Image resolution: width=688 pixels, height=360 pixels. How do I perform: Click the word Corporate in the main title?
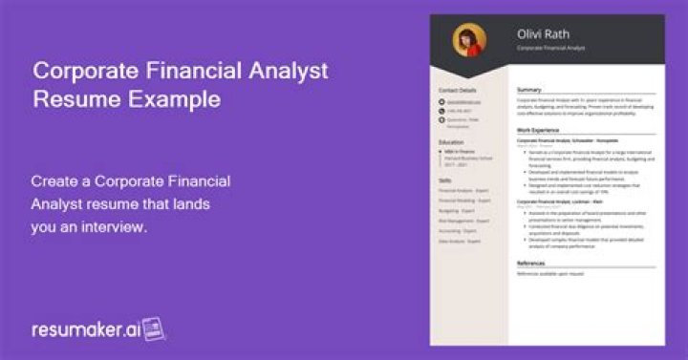click(88, 71)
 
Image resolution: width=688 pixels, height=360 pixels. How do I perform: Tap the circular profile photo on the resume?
click(469, 40)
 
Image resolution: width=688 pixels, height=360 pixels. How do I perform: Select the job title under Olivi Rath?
click(551, 48)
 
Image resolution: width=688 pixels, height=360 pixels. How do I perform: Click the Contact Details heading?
click(457, 90)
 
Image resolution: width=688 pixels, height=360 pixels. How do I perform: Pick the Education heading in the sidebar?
click(451, 141)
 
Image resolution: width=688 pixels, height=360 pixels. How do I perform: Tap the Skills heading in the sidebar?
click(445, 178)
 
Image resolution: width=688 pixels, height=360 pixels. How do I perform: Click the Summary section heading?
click(529, 90)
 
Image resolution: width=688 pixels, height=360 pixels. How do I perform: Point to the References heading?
click(531, 263)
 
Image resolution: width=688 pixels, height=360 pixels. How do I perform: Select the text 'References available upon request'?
click(550, 274)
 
